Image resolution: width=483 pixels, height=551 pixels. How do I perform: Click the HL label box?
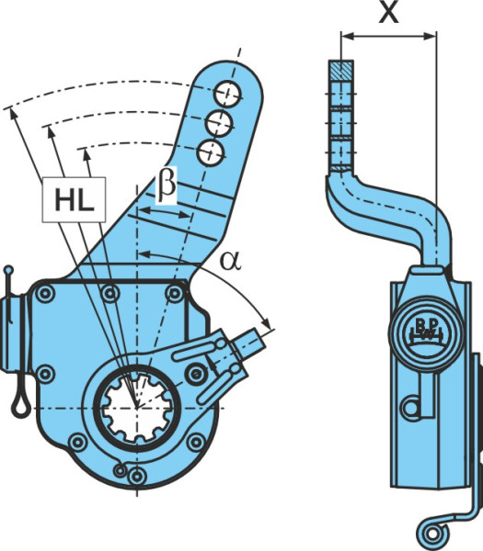tap(74, 199)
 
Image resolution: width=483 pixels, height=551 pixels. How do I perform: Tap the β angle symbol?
tap(167, 186)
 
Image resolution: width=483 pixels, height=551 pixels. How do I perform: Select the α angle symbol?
tap(231, 261)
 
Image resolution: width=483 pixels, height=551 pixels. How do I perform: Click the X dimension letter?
tap(388, 13)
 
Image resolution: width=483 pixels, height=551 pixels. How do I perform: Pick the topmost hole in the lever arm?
tap(228, 93)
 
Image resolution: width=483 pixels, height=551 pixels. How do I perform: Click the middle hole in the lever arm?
tap(219, 123)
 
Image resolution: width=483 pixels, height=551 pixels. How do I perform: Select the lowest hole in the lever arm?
tap(211, 152)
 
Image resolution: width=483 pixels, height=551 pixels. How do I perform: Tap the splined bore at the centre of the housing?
tap(137, 408)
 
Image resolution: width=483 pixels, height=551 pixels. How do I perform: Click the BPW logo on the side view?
tap(425, 331)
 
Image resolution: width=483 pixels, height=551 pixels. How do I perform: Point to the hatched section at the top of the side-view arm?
tap(341, 71)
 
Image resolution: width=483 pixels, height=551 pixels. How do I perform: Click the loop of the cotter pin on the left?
tap(20, 405)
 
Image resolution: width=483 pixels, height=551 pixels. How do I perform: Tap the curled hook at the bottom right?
tap(432, 536)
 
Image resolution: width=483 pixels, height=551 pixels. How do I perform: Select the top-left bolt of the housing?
tap(46, 293)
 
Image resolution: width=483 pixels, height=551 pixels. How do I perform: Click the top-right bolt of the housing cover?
tap(175, 293)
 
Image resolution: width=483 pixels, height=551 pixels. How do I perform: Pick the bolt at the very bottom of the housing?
tap(137, 476)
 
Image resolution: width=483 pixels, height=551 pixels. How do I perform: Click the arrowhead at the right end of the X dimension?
tap(431, 36)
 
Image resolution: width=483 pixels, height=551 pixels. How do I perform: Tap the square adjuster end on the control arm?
tap(250, 343)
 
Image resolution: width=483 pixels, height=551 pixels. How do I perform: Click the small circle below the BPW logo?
tap(411, 408)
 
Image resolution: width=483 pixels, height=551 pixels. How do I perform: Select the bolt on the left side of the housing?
tap(46, 374)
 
